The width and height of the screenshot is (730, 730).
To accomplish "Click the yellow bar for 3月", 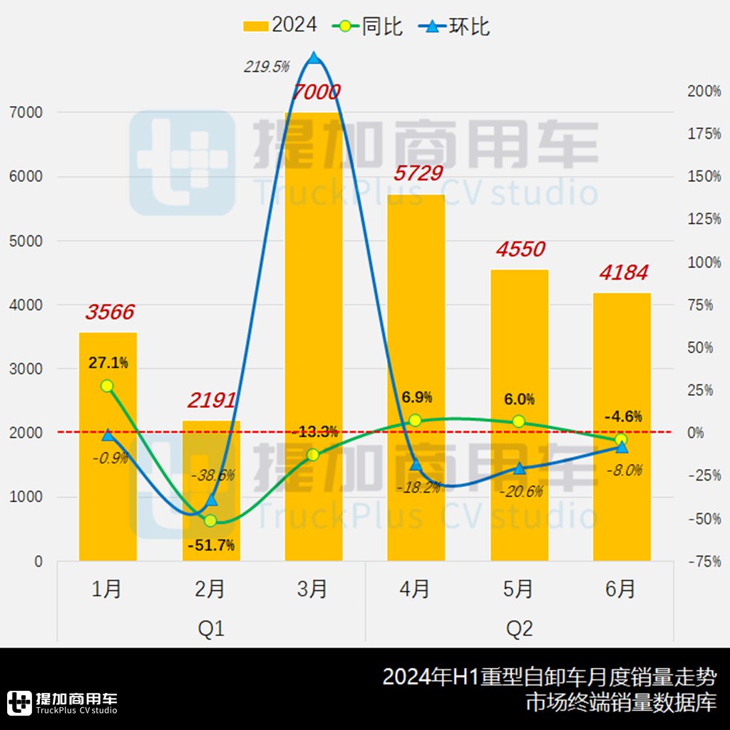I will coord(313,335).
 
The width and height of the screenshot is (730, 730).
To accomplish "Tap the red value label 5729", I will coord(417,173).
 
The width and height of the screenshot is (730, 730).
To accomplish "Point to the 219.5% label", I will coord(267,67).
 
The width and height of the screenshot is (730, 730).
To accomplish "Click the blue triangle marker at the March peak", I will coord(313,58).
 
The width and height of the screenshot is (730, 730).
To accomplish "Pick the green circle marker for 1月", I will coord(107,386).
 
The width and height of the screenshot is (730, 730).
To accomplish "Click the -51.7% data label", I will coord(211,546).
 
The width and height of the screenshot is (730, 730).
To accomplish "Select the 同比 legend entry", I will coord(369,26).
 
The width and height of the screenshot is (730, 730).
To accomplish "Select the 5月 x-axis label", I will coord(518,589).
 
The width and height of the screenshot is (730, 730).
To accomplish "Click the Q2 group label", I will coord(519,629).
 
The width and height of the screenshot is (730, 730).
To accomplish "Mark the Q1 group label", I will coord(211,629).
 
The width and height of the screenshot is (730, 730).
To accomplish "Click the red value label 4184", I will coord(623,273).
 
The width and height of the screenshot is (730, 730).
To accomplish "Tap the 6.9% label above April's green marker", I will coord(416,398).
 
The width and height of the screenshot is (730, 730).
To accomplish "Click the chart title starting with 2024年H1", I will coord(549,677).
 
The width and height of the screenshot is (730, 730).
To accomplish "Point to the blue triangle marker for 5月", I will coord(519,468).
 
